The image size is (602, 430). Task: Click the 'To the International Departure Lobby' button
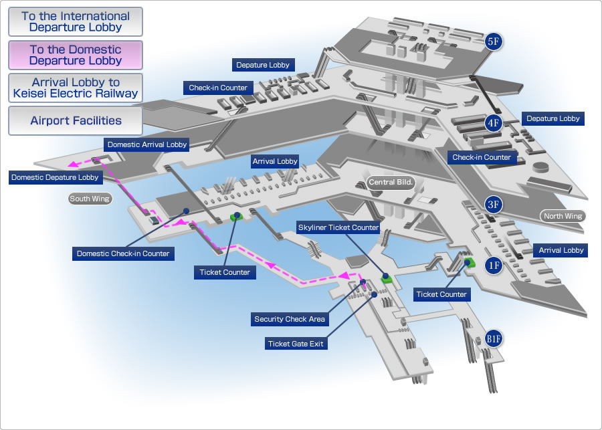pos(75,22)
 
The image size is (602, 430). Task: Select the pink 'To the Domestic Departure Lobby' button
pos(75,55)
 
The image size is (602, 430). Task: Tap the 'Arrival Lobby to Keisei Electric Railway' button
pos(75,88)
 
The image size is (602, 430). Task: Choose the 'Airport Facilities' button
pos(75,120)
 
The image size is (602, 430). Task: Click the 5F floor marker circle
pos(494,41)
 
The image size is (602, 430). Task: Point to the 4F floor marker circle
pos(494,123)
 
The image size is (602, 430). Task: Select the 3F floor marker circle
pos(494,205)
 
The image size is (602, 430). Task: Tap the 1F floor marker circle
pos(494,265)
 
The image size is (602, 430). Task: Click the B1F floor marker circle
pos(494,338)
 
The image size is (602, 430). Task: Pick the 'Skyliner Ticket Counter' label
pos(338,227)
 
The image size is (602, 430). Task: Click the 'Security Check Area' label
pos(290,319)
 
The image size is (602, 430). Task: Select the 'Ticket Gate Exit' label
pos(296,344)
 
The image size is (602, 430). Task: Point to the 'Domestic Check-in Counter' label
pos(123,253)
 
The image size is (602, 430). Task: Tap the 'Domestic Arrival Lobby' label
pos(147,144)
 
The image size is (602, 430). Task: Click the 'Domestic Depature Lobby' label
pos(56,177)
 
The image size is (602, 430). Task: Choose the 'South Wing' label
pos(90,199)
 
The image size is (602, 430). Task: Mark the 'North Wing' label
pos(563,216)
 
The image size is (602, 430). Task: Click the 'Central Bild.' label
pos(391,182)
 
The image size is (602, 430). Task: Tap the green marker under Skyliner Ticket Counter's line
pos(387,279)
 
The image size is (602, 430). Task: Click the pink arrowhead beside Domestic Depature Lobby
pos(72,165)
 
